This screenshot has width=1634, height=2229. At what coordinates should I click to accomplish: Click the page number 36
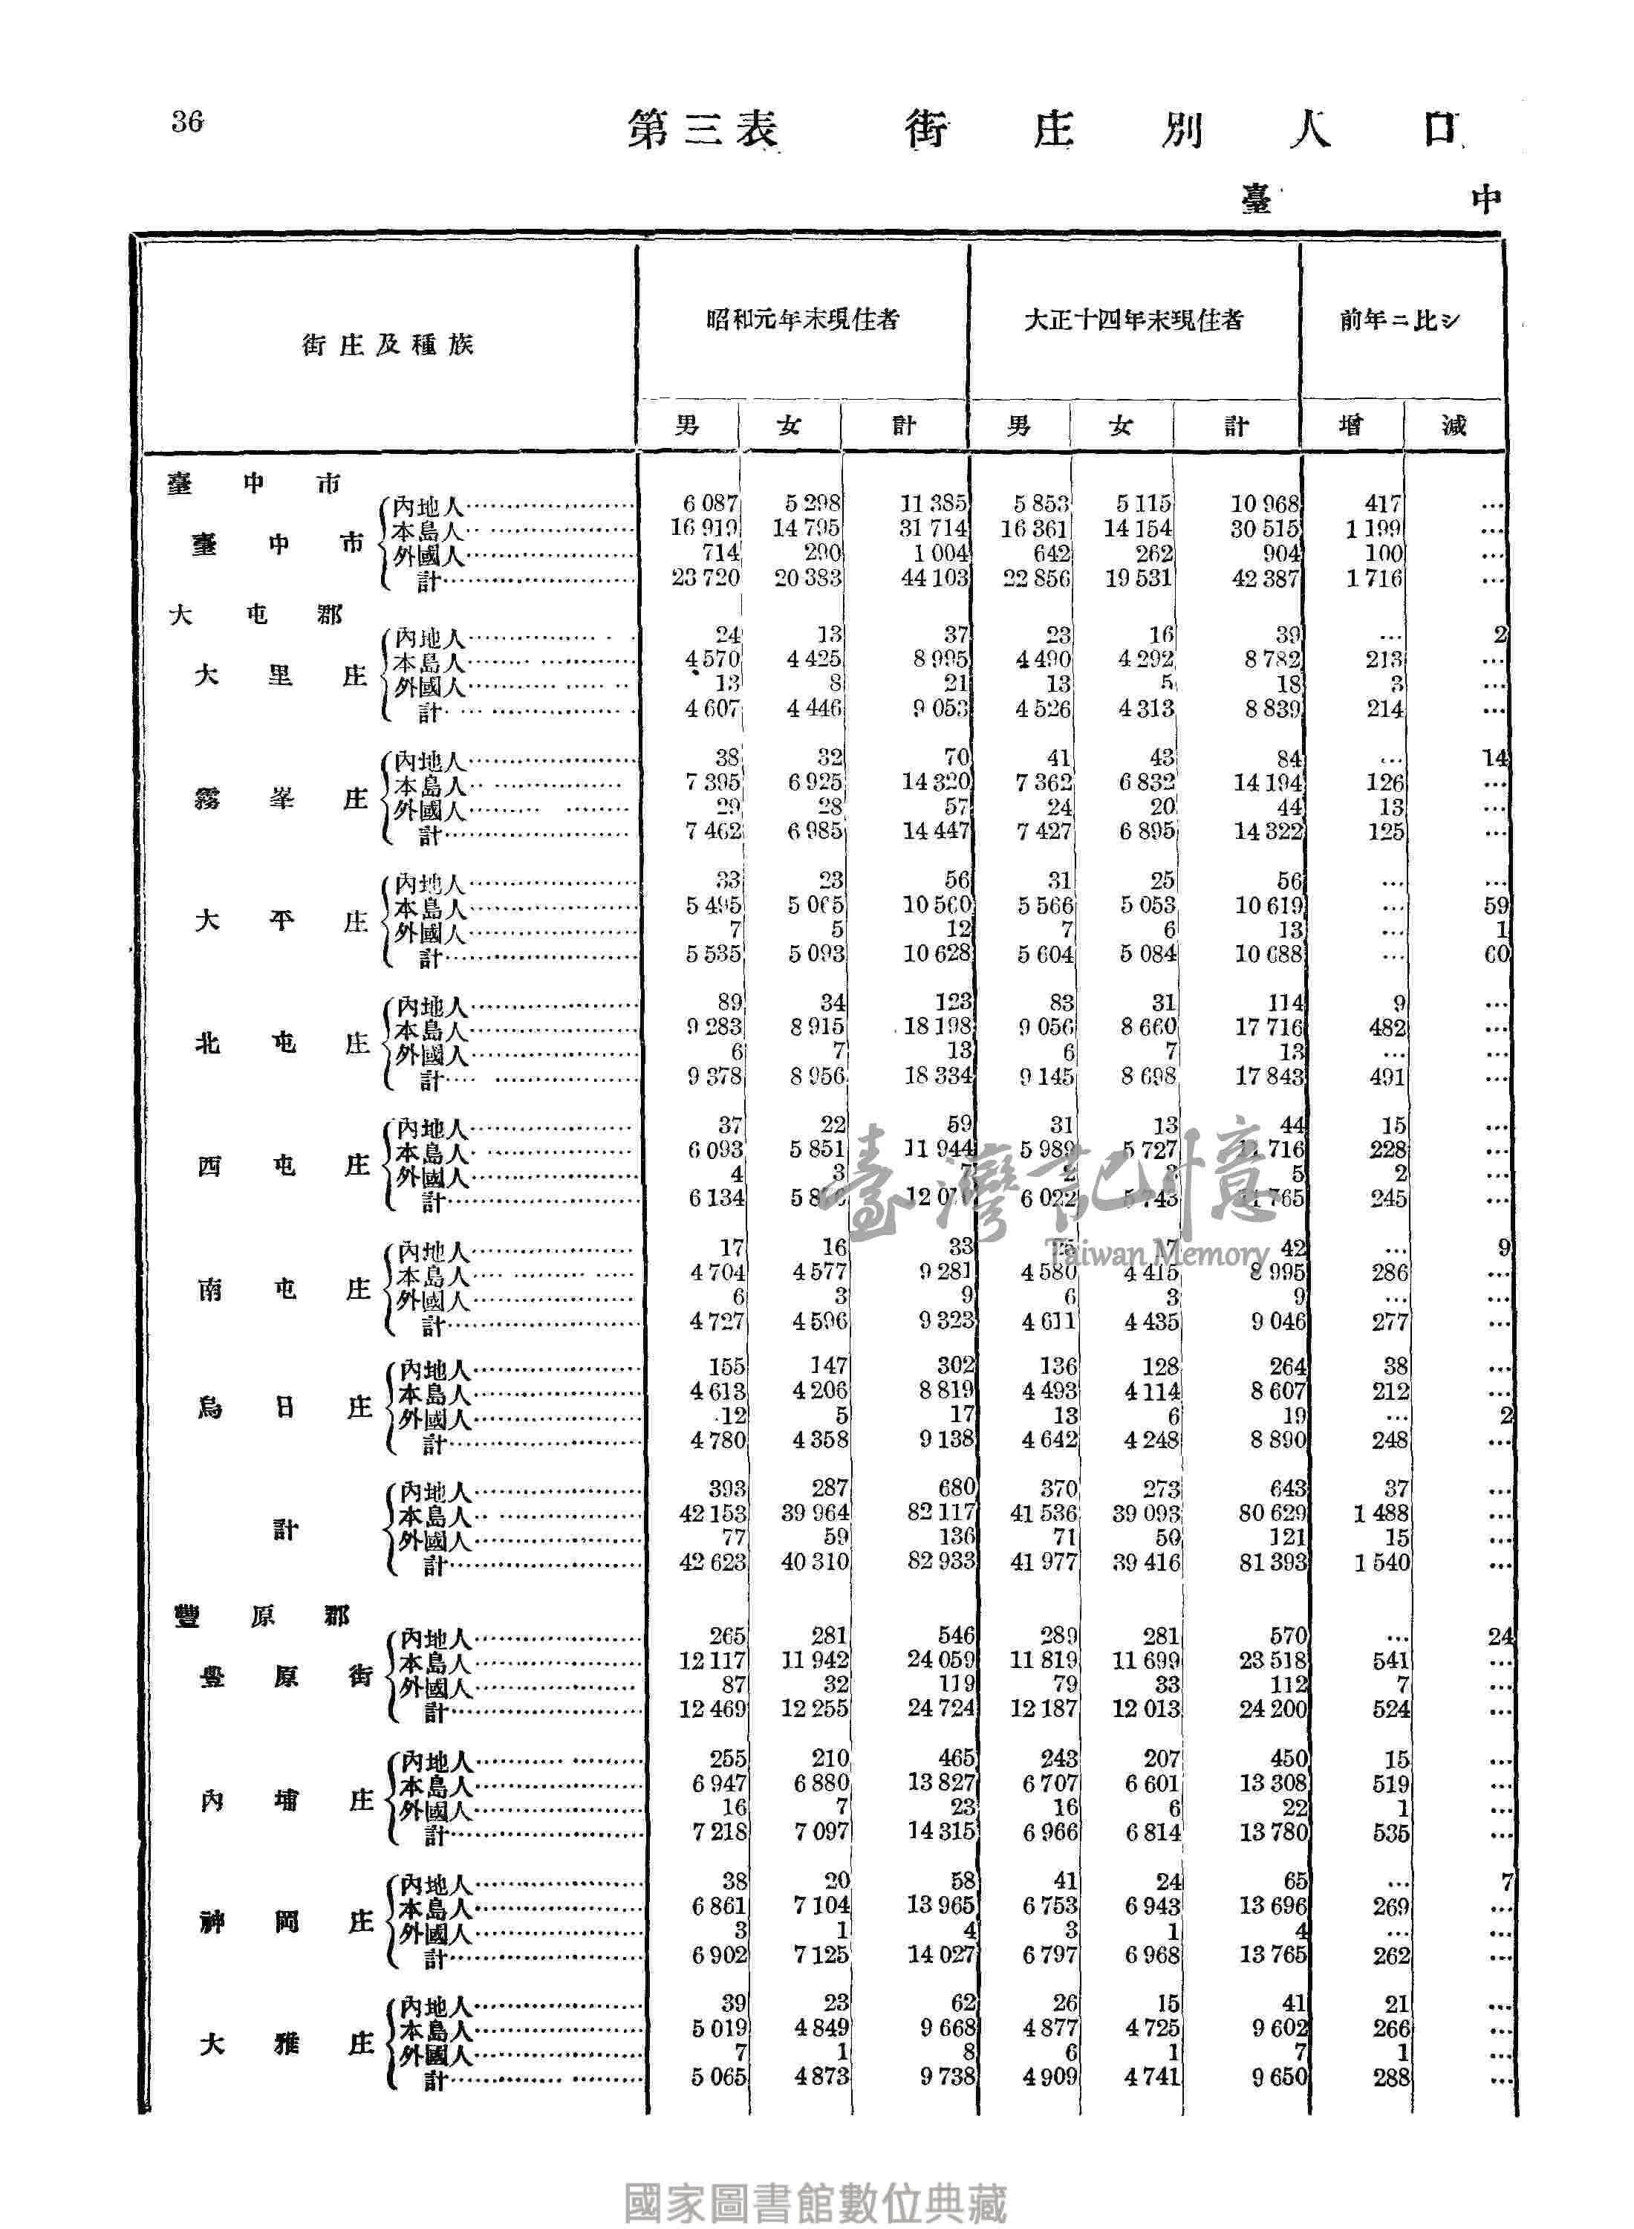coord(187,122)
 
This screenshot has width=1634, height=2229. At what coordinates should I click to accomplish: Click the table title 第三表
coord(703,129)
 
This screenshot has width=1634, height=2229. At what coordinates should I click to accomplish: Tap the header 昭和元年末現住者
coord(802,319)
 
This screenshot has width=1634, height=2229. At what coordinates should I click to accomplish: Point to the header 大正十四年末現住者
coord(1133,319)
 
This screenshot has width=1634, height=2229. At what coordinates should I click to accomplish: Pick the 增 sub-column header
coord(1350,426)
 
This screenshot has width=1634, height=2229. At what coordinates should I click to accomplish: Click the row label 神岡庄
coord(287,1922)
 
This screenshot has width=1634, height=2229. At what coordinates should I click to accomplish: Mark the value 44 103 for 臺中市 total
coord(934,579)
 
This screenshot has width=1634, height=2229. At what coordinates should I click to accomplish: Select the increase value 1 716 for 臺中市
coord(1374,579)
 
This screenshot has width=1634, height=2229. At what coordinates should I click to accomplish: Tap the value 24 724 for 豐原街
coord(940,1709)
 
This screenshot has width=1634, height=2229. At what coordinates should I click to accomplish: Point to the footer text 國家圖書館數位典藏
coord(816,2178)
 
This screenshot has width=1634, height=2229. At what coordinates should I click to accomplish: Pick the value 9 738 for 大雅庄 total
coord(946,2077)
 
